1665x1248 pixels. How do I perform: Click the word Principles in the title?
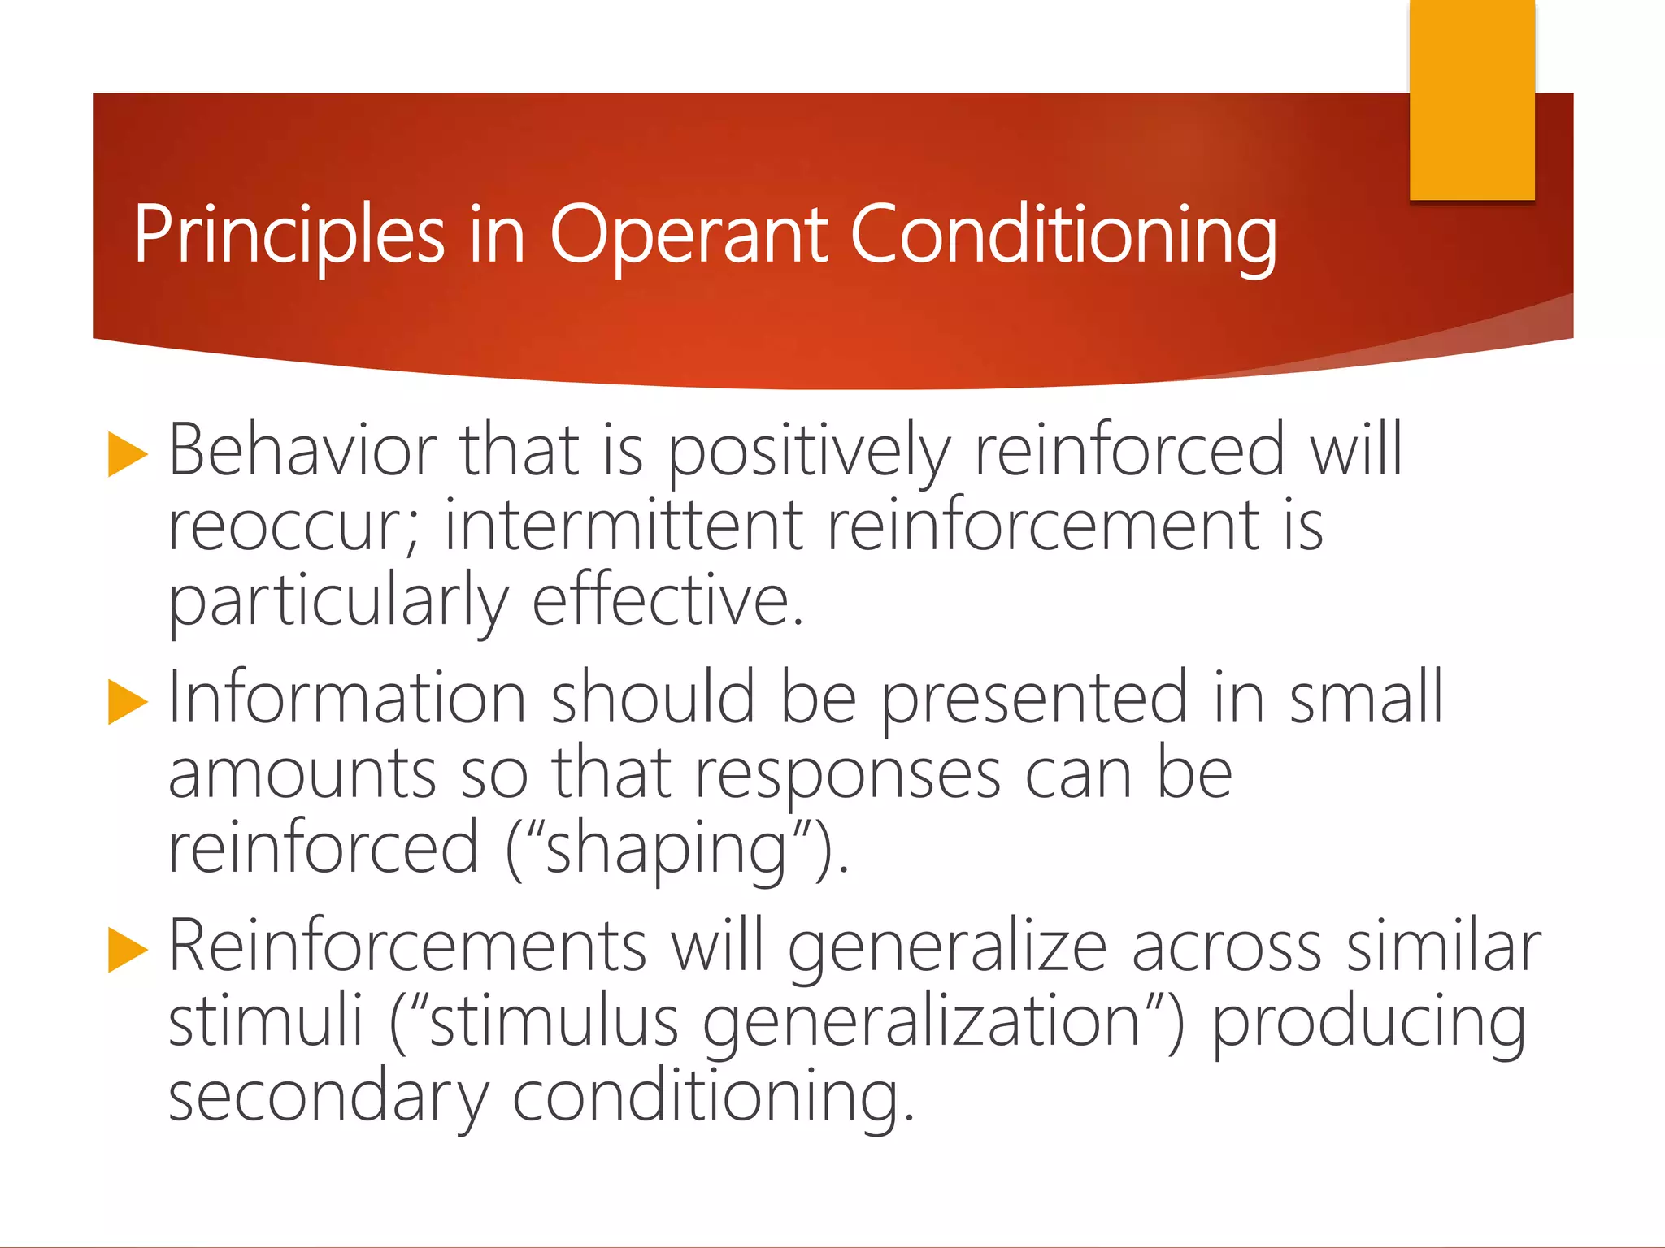coord(289,236)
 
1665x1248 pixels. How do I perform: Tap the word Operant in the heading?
coord(688,236)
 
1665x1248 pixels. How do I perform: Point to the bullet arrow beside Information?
coord(128,702)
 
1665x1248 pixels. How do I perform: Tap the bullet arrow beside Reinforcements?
coord(128,950)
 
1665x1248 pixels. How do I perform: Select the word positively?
coord(809,451)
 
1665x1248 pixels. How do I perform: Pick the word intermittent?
coord(624,526)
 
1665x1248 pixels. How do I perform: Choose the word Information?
coord(347,699)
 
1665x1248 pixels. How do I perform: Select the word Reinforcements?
coord(407,947)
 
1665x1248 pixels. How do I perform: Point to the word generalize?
coord(947,947)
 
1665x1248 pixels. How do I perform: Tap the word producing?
coord(1369,1023)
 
